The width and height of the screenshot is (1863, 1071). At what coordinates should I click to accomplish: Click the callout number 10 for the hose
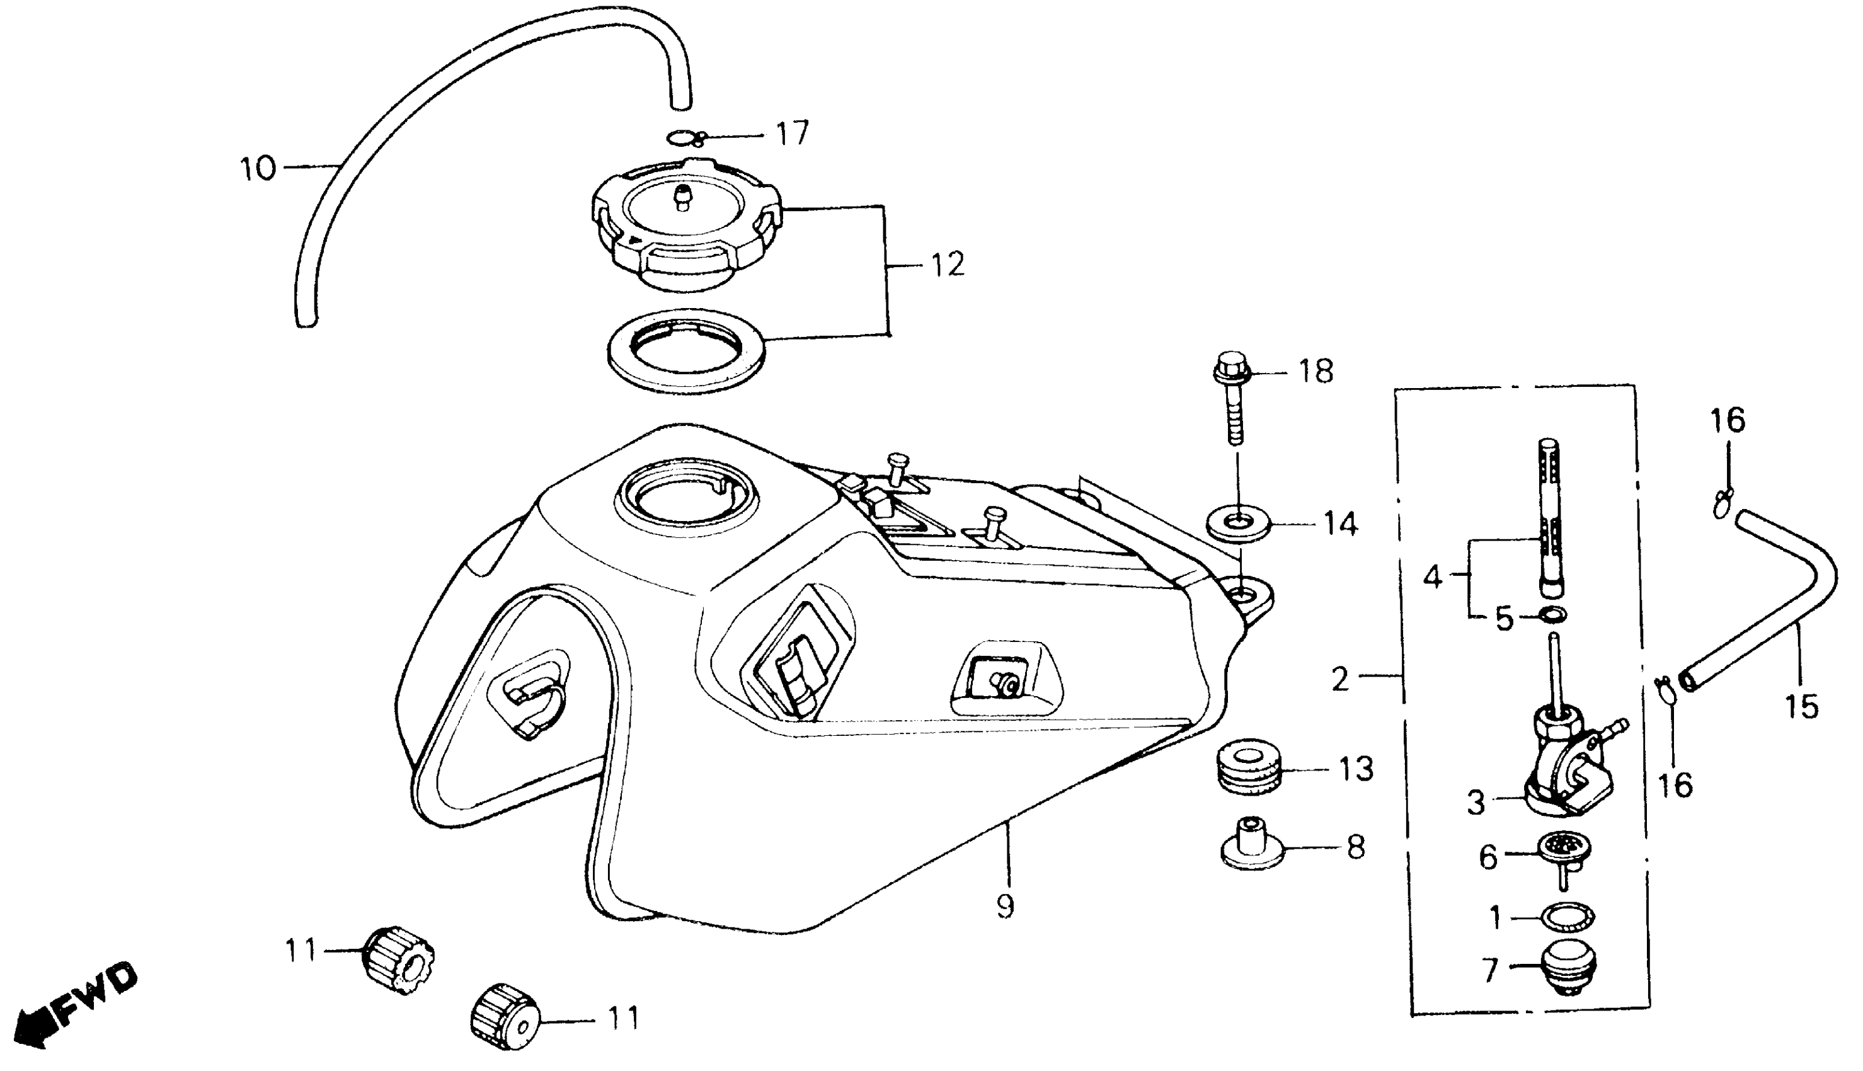[x=258, y=169]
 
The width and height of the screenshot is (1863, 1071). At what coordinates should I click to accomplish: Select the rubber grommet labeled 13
[x=1249, y=769]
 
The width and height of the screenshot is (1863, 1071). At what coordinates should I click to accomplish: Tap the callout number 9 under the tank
[x=1005, y=907]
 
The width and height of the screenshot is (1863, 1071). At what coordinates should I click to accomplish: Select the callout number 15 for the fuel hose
[x=1801, y=707]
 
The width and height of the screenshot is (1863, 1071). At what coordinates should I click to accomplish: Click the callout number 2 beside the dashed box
[x=1340, y=680]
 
